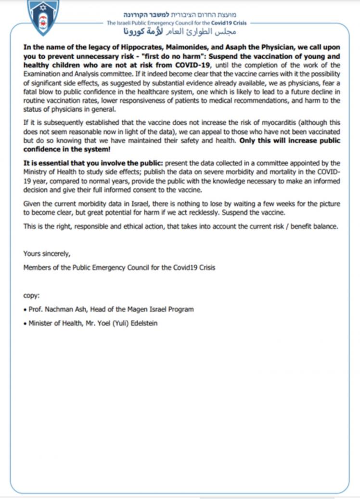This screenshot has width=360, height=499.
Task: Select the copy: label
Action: point(31,295)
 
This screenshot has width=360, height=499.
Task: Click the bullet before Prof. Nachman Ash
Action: point(25,309)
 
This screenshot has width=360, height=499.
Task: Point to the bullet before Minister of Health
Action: point(25,324)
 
